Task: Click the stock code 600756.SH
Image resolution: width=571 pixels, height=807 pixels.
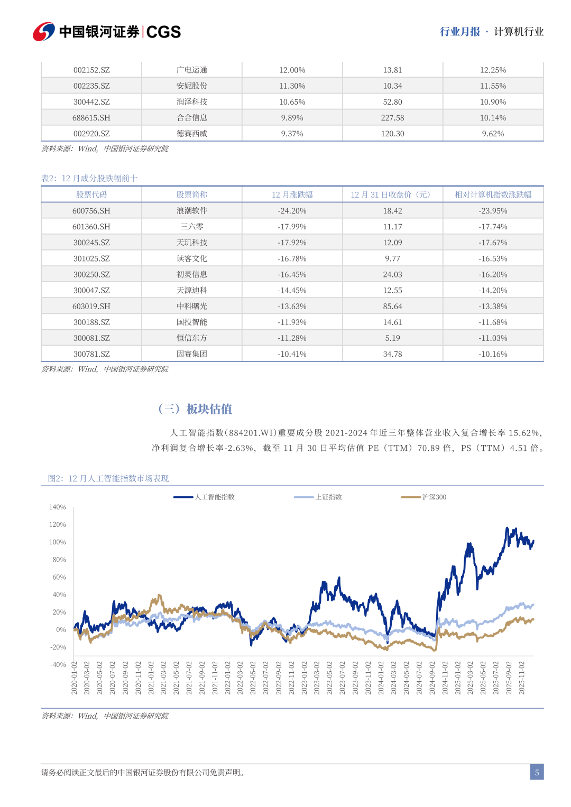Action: point(91,211)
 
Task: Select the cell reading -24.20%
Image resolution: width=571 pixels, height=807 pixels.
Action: point(292,211)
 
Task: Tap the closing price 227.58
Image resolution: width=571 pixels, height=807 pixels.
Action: point(392,118)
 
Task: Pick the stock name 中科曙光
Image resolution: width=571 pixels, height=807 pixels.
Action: point(192,307)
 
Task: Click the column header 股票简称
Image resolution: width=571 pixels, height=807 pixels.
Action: point(192,195)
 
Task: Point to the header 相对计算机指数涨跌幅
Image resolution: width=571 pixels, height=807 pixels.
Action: point(493,195)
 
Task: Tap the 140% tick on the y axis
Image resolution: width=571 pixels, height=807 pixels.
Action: point(58,507)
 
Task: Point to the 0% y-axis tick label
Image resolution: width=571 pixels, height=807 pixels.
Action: point(61,630)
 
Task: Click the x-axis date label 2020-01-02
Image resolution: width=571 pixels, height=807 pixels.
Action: point(75,678)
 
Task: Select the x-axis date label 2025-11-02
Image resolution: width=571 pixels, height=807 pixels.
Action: point(522,678)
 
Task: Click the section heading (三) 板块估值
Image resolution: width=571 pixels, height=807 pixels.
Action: point(195,409)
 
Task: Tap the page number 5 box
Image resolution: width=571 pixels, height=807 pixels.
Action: point(537,772)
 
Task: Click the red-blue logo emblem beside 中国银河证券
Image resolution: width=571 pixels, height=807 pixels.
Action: point(43,32)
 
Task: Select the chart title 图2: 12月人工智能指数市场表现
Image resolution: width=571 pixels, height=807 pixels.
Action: point(108,479)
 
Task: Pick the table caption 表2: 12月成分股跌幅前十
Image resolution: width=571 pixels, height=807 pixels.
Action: point(89,179)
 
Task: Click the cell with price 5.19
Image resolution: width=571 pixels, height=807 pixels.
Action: point(392,338)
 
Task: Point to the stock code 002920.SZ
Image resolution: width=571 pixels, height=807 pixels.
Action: point(91,134)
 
